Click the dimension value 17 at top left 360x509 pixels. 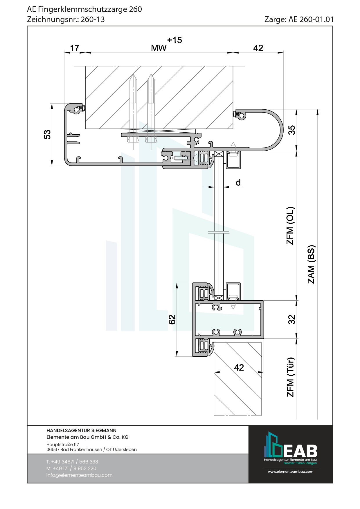[x=75, y=48]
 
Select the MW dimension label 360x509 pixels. [x=159, y=48]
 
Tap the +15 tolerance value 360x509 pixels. [x=174, y=40]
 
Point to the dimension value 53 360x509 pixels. [x=47, y=135]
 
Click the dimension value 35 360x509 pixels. [x=291, y=130]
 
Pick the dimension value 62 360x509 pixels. [x=172, y=320]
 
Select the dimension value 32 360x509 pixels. [x=291, y=320]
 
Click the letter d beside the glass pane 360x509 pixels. [x=238, y=183]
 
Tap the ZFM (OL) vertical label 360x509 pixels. [x=290, y=226]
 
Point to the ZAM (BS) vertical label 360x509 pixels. [x=311, y=264]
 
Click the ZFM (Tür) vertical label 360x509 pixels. [x=290, y=377]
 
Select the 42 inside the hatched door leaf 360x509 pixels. [x=239, y=368]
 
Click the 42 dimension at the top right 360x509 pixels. [x=258, y=48]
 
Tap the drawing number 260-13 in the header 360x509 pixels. [x=93, y=19]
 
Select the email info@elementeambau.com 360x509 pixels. [x=79, y=475]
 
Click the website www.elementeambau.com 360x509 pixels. [x=290, y=472]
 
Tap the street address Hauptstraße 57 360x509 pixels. [x=62, y=444]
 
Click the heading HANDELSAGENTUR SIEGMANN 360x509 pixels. [x=81, y=430]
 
